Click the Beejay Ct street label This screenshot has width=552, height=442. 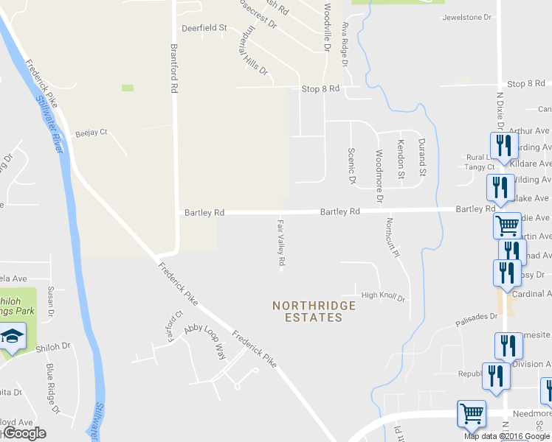(x=92, y=133)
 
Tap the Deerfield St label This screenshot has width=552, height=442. (x=204, y=29)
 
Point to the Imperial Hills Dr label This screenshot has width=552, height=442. (x=250, y=52)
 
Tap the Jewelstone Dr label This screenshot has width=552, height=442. (x=466, y=17)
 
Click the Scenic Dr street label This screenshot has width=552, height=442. (x=351, y=165)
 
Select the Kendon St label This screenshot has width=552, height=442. (x=401, y=159)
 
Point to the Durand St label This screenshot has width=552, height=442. (x=422, y=157)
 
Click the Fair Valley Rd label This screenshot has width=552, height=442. (x=280, y=242)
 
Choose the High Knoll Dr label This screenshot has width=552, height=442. (x=383, y=298)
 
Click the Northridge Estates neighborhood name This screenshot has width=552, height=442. (x=314, y=311)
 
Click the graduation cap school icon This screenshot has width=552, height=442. (x=12, y=337)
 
